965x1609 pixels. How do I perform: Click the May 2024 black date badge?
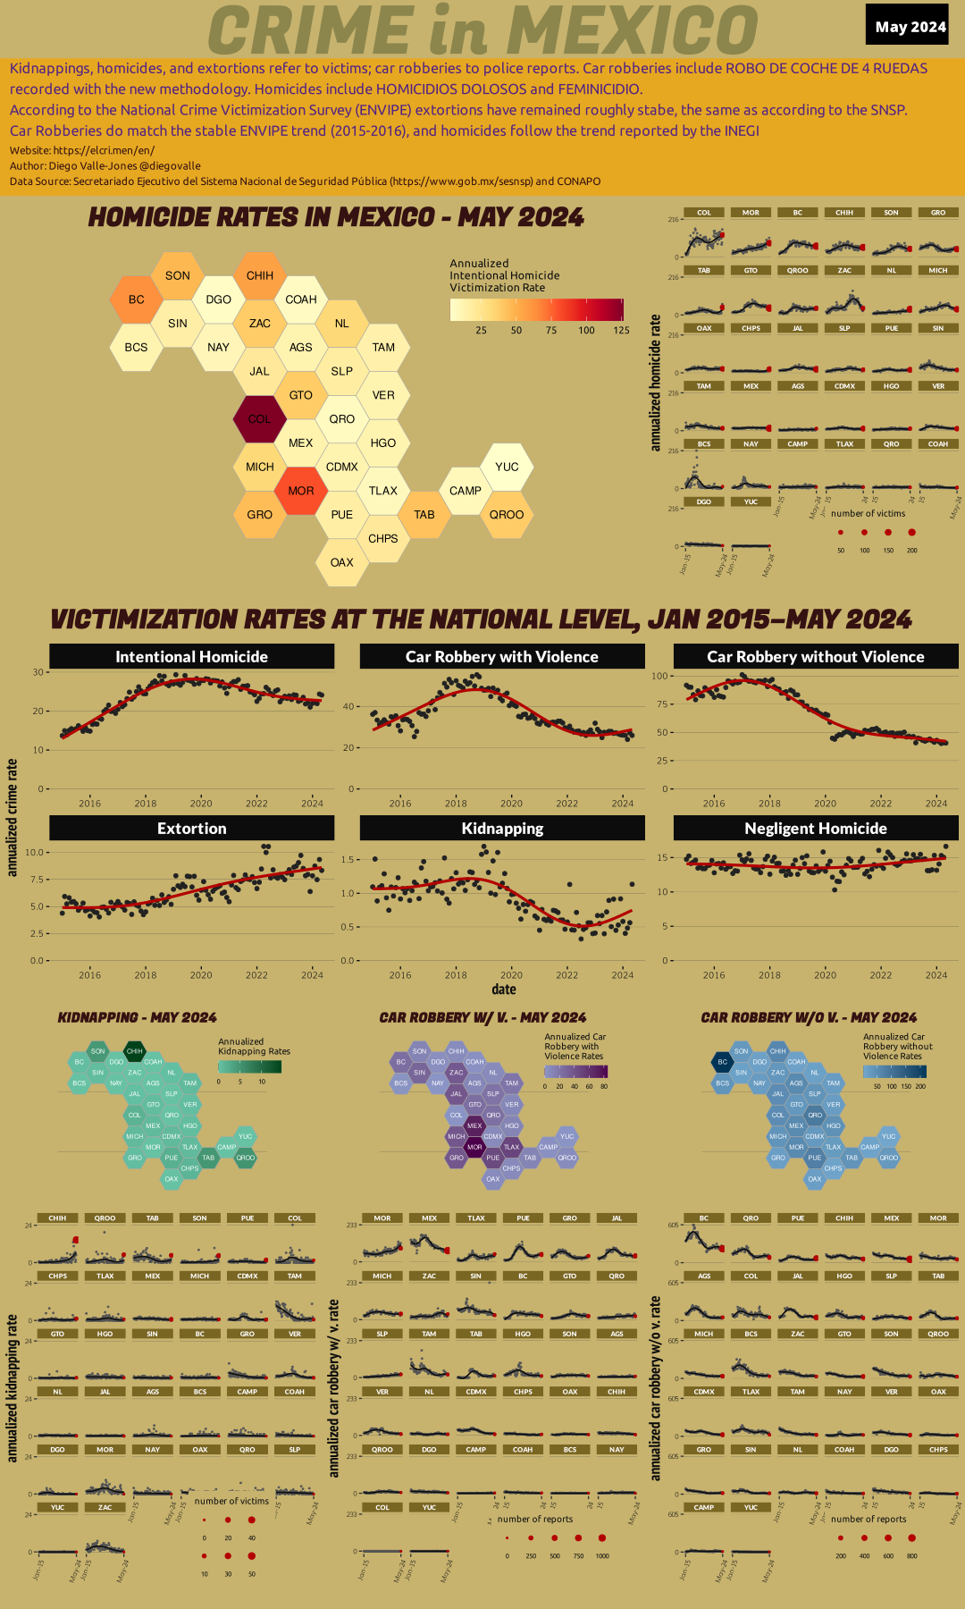pos(910,26)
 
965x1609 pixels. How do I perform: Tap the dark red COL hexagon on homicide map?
pos(260,418)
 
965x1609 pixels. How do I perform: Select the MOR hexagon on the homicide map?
pos(301,491)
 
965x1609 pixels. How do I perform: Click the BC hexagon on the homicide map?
pos(136,299)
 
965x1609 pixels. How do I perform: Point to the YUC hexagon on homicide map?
pos(507,467)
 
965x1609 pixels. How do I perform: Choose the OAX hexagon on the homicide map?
pos(341,562)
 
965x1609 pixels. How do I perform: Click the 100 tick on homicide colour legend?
pos(586,330)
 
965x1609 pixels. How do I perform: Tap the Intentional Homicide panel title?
pos(191,656)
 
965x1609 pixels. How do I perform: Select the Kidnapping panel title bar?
pos(502,829)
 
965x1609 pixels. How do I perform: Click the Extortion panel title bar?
pos(191,829)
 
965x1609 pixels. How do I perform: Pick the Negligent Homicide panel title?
pos(815,829)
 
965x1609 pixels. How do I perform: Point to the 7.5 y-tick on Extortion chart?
pos(35,880)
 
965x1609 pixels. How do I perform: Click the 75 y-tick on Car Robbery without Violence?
pos(662,704)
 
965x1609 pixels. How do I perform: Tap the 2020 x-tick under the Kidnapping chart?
pos(511,975)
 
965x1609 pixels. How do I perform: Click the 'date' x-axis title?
pos(503,990)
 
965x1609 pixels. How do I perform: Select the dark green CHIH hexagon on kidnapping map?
pos(134,1051)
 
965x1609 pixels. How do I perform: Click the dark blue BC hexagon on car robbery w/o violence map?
pos(722,1062)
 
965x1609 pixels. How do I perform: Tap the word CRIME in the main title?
pos(311,30)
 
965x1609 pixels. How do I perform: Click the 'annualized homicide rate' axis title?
pos(656,382)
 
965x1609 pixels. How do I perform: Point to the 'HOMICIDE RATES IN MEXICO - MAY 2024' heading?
pos(336,217)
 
